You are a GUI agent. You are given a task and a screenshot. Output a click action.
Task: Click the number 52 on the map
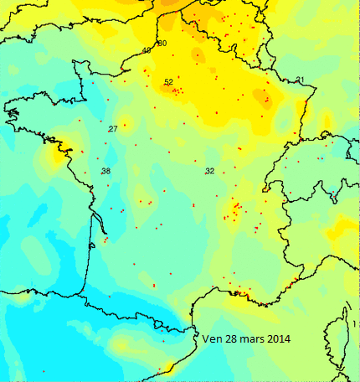click(168, 82)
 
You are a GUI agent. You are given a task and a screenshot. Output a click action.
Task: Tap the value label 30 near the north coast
click(162, 43)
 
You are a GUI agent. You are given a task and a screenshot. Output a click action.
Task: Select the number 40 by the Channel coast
click(147, 50)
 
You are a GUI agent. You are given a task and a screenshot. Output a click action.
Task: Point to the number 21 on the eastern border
click(301, 80)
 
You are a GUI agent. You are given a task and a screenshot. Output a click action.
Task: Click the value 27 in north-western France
click(113, 128)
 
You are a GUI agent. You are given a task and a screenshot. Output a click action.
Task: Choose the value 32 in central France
click(209, 171)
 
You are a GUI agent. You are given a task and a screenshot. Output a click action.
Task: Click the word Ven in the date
click(212, 339)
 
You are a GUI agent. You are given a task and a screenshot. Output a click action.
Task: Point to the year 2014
click(281, 339)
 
